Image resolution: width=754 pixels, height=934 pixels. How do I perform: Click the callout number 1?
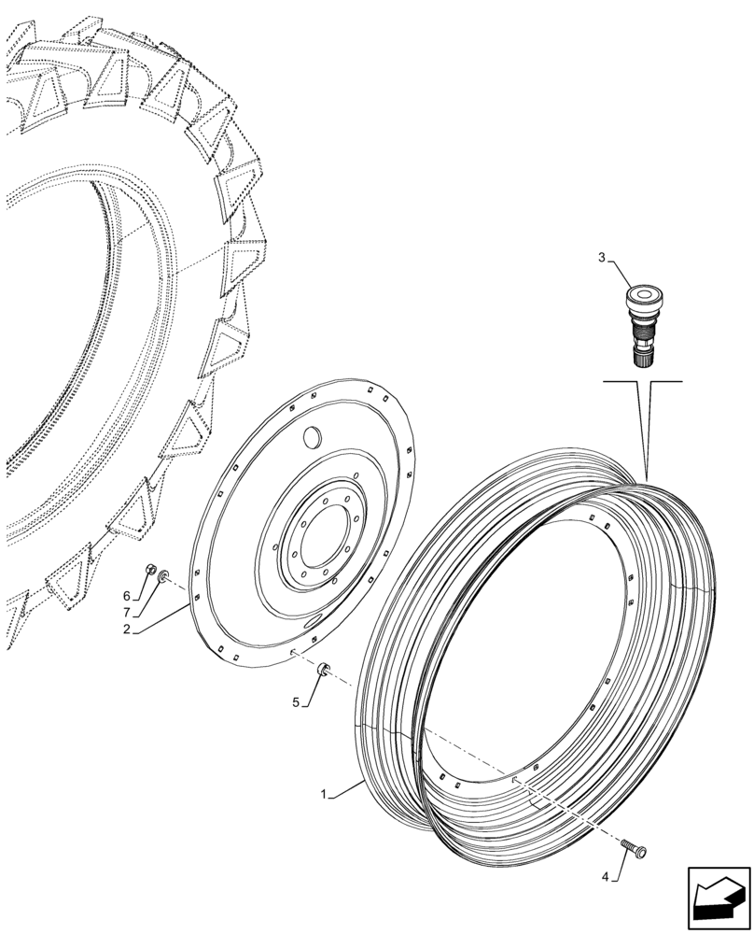click(324, 794)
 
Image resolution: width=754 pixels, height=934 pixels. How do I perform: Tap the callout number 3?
click(602, 257)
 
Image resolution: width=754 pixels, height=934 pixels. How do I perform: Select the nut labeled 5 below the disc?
click(323, 668)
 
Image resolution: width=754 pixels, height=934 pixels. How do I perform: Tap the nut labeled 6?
click(150, 571)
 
